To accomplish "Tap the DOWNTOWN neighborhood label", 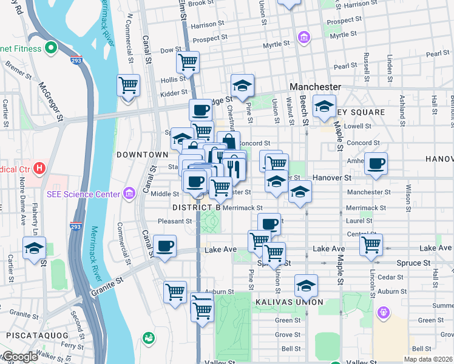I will [x=141, y=155].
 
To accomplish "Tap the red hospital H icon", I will [x=39, y=167].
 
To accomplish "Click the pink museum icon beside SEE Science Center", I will [x=129, y=194].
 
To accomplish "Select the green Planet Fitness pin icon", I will [x=51, y=46].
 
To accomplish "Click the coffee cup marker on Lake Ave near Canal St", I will [x=164, y=246].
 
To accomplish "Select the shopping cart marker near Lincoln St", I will [x=371, y=245].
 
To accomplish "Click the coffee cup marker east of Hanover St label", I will [x=376, y=164].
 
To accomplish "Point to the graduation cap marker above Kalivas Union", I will [x=306, y=285].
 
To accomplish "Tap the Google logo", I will [x=19, y=357].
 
